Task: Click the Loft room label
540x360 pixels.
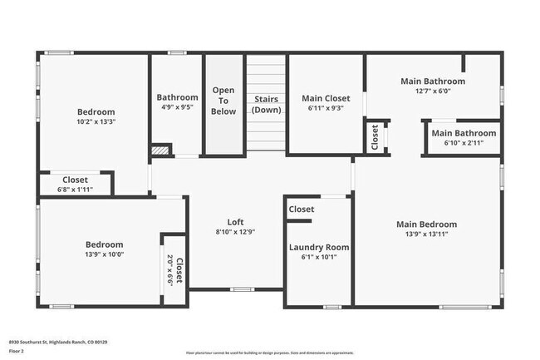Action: point(235,222)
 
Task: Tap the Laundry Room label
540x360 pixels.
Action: point(319,247)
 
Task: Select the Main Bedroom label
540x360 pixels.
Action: point(426,224)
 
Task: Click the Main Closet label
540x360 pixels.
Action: point(325,98)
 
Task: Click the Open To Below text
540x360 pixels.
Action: point(223,100)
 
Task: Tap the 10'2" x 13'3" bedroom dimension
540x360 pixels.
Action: point(96,121)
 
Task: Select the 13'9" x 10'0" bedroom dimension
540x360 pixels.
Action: point(104,254)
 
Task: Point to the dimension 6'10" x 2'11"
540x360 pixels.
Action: point(464,143)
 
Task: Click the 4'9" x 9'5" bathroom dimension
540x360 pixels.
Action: point(176,106)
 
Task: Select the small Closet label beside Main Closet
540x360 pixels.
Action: point(376,139)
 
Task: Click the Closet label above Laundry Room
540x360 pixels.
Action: point(302,210)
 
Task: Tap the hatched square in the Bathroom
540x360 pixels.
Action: point(160,150)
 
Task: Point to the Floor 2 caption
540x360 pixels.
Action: point(17,351)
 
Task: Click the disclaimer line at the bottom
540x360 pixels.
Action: point(269,353)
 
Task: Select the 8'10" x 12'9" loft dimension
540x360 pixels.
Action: point(235,232)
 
